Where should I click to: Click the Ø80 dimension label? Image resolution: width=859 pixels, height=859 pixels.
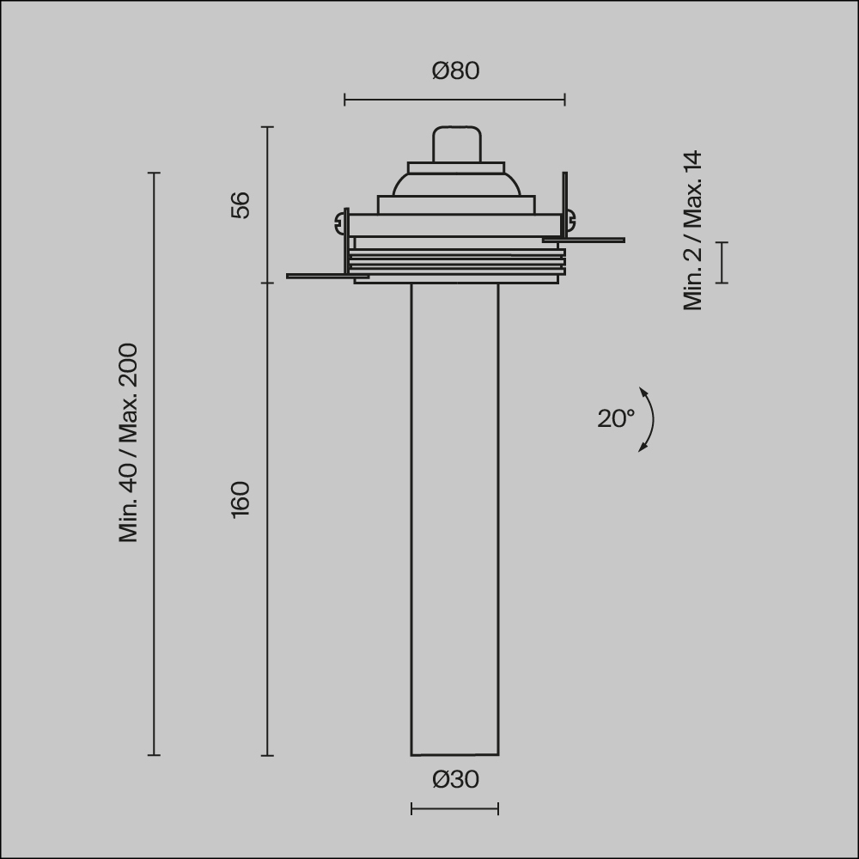(455, 71)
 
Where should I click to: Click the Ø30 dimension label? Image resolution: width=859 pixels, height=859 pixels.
(455, 780)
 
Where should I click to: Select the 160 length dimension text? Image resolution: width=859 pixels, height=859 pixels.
(241, 499)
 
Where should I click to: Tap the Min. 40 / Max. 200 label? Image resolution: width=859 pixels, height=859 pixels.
(129, 442)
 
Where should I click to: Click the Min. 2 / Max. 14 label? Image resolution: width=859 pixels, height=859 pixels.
(693, 230)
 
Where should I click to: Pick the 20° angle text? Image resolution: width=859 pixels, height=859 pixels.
(616, 418)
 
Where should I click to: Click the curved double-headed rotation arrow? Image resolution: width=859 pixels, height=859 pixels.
(649, 419)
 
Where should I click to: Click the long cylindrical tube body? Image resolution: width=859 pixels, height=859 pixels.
(454, 515)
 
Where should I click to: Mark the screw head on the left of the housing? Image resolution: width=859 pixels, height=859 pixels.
(338, 225)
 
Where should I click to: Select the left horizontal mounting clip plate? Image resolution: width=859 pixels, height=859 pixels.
(326, 277)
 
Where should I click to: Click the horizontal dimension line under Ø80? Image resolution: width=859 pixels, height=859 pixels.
(454, 100)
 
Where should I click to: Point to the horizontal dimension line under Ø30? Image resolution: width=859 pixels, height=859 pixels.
(454, 808)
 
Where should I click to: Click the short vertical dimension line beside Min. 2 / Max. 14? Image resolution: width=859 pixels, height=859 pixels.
(722, 262)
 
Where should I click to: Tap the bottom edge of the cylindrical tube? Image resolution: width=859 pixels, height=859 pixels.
(454, 755)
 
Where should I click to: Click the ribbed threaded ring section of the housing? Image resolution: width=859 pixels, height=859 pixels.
(457, 262)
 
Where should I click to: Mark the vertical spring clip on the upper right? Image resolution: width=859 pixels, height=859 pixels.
(564, 202)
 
